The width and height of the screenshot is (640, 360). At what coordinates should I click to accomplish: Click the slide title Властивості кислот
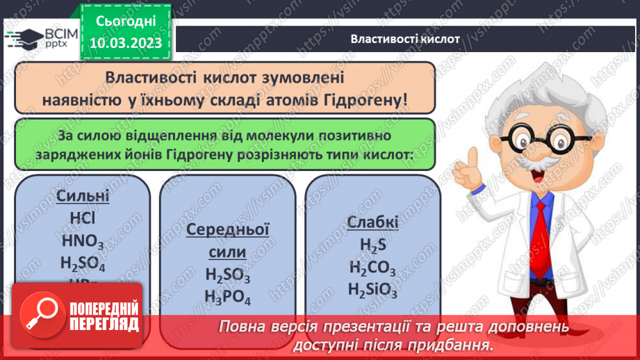[x=405, y=39]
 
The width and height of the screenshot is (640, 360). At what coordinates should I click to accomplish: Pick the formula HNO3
[x=83, y=241]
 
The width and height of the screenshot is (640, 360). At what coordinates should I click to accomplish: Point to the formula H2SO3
[x=228, y=275]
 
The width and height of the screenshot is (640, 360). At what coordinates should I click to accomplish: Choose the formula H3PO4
[x=228, y=297]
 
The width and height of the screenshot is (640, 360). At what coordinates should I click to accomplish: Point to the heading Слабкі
[x=373, y=222]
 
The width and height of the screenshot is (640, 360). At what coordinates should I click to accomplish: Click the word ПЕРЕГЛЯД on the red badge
[x=104, y=324]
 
